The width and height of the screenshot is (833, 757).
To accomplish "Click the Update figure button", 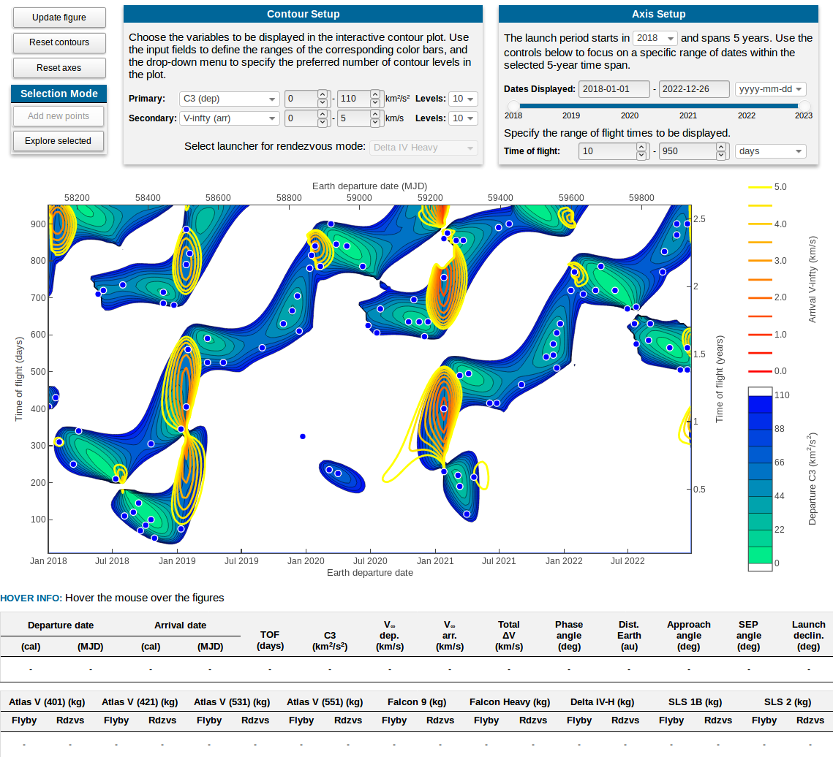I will [59, 18].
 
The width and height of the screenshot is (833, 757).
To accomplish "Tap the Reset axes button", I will [59, 68].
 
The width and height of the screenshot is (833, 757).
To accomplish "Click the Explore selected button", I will [59, 141].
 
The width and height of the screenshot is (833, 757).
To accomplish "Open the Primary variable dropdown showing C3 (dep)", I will [230, 99].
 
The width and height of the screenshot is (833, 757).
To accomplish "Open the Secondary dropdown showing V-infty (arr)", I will [230, 118].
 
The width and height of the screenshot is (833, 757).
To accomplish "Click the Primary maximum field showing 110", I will [353, 99].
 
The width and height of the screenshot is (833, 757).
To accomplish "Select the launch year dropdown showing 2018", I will [655, 38].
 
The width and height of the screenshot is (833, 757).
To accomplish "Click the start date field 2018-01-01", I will [614, 89].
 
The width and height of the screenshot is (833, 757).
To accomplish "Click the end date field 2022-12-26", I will [694, 89].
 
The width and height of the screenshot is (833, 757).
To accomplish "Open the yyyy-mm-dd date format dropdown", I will [770, 89].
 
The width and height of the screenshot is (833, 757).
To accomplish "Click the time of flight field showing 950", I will [687, 151].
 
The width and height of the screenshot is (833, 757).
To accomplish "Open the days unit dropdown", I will [770, 151].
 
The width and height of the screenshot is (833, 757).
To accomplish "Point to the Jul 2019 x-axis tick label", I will [241, 561].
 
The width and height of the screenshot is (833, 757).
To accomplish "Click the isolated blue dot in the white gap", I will [303, 436].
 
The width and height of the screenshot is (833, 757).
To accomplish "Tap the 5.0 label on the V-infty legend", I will [780, 187].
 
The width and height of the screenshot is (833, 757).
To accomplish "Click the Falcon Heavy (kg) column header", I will [510, 702].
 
